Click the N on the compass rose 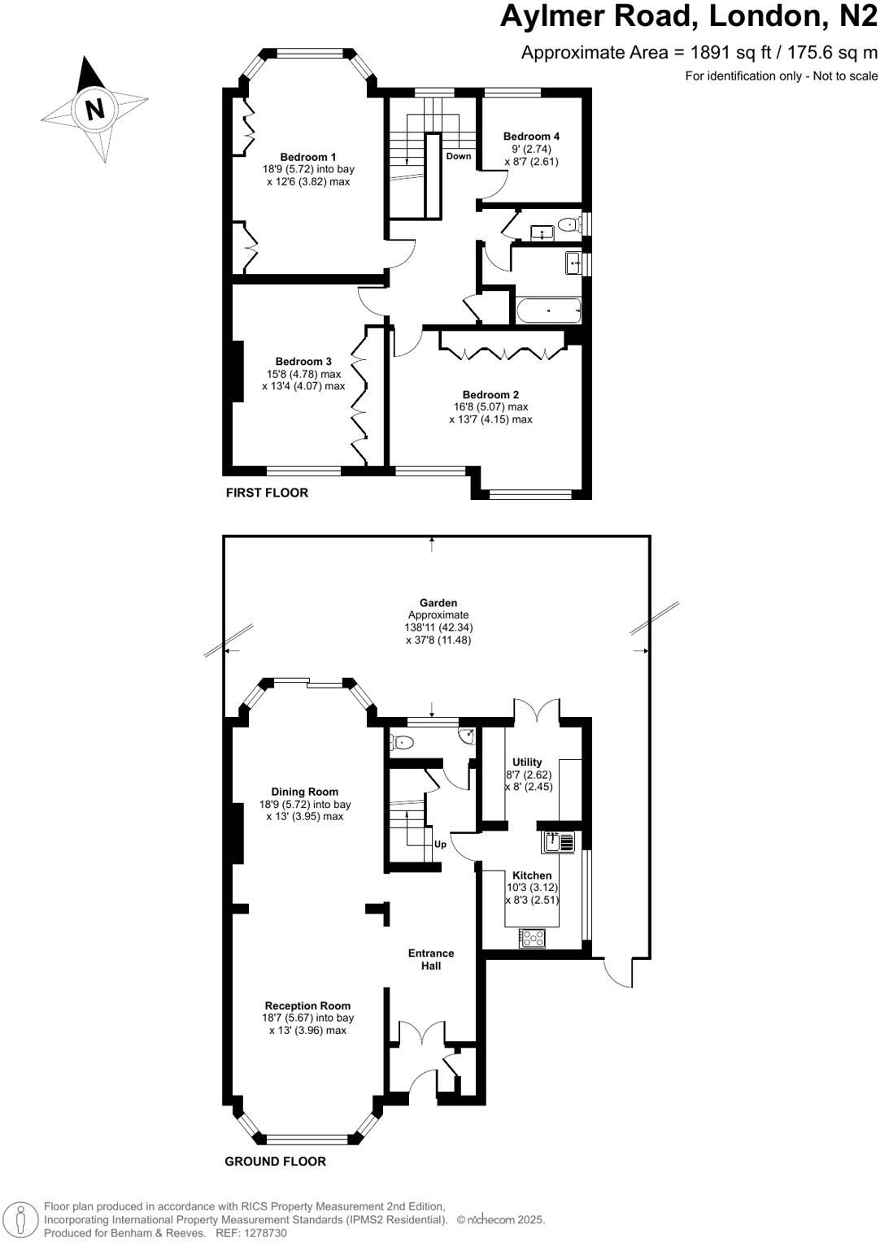[x=95, y=108]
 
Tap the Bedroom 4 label [x=531, y=137]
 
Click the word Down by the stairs [x=458, y=156]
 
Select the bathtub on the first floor [x=547, y=310]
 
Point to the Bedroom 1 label [x=308, y=157]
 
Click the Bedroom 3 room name [x=303, y=362]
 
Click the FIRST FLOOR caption [x=267, y=493]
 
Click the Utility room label [x=527, y=762]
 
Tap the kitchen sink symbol [x=560, y=842]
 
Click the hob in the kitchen [x=532, y=937]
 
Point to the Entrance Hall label [x=431, y=959]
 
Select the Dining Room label [x=305, y=792]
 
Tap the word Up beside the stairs [x=440, y=845]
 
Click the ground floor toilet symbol [x=402, y=741]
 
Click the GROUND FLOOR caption [x=275, y=1162]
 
